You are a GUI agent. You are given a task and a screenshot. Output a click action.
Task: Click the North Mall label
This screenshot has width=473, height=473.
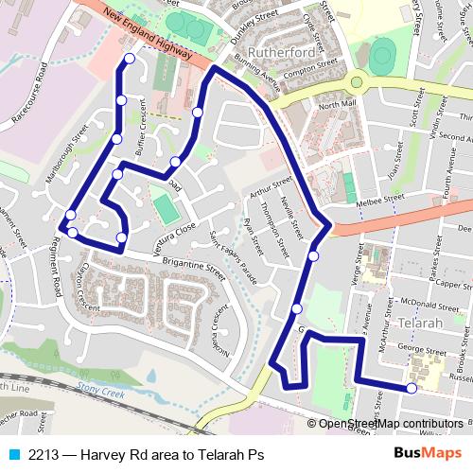tap(336, 102)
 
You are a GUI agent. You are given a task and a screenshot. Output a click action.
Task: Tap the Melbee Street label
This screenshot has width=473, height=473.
tap(375, 201)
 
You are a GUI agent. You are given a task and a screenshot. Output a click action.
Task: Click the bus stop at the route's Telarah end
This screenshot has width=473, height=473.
tap(412, 388)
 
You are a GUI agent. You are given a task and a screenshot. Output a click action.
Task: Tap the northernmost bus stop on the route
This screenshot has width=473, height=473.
tap(130, 60)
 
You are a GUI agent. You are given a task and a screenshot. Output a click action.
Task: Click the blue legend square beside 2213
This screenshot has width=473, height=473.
tap(12, 454)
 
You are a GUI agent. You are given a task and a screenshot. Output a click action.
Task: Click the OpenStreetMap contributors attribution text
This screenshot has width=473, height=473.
tap(391, 424)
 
